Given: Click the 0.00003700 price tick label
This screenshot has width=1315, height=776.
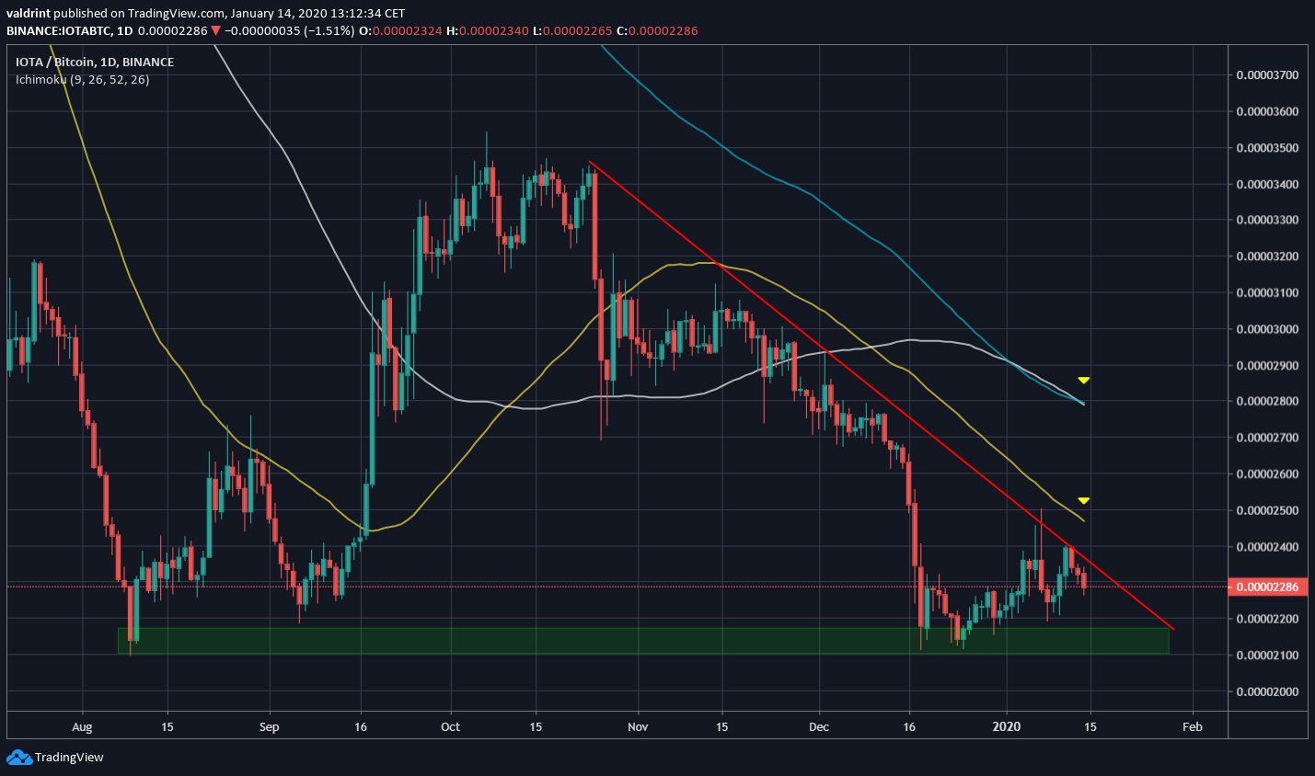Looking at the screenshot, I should point(1267,75).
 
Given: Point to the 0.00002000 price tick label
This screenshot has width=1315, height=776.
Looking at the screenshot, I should point(1267,691).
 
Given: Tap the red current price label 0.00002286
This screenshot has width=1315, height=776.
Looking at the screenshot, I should point(1267,587).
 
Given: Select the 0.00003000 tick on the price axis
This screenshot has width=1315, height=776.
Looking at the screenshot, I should point(1267,329).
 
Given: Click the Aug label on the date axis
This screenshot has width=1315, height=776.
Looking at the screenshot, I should point(82,726).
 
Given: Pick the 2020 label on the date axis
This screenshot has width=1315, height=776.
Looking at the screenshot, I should point(1007,726).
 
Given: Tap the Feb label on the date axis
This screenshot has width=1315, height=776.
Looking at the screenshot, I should point(1192,726).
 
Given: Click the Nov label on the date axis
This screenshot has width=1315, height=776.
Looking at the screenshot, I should point(638,726).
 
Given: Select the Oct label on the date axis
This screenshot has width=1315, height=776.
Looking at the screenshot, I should point(451,726).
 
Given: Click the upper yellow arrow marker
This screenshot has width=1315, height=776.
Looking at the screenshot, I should point(1084,380).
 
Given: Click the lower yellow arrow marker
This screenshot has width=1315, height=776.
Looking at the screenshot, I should point(1084,500).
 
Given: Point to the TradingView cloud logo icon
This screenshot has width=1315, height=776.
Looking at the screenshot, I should point(18,758).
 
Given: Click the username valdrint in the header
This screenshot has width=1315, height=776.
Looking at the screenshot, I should point(32,13).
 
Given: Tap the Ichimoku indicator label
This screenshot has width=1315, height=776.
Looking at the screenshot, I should point(82,80).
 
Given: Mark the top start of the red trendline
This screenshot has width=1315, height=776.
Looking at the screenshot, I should point(589,162).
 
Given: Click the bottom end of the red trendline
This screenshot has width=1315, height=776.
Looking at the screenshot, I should point(1174,630).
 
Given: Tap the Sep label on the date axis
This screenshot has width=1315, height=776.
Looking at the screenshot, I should point(269,726).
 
